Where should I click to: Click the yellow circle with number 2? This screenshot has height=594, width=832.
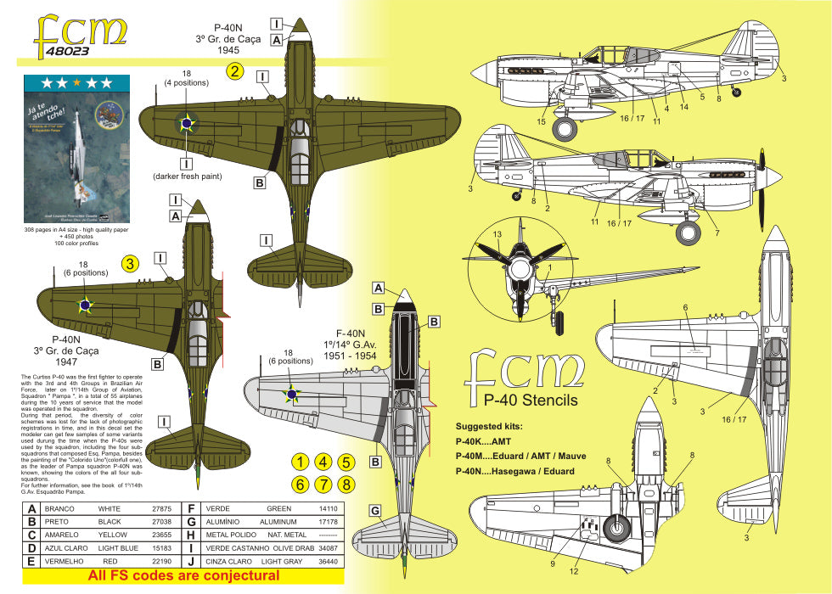point(236,71)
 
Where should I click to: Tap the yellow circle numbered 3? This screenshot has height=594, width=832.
point(130,264)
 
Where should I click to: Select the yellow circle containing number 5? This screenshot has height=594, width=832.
point(346,462)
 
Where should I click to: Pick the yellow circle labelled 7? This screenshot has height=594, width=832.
point(323,485)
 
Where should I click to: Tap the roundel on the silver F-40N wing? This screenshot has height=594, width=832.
point(291,393)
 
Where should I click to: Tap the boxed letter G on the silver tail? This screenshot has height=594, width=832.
point(374,510)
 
